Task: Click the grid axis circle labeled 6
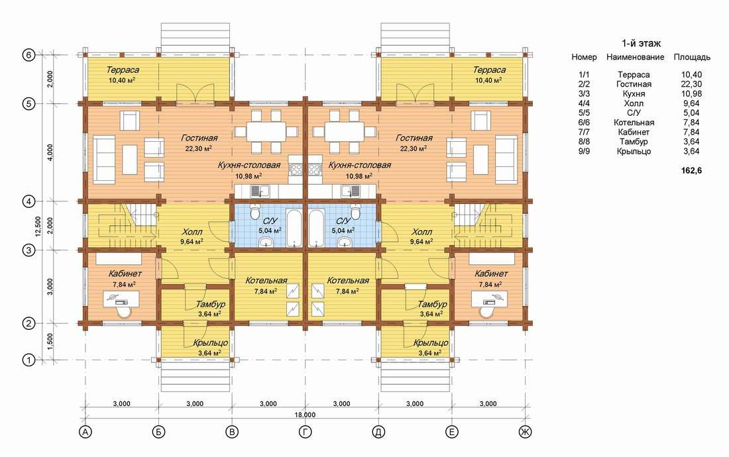(28, 55)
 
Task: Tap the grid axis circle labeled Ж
(525, 432)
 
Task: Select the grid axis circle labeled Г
(305, 432)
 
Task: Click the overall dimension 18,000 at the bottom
(305, 415)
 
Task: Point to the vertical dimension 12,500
(38, 226)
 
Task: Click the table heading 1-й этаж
(641, 43)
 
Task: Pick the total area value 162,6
(691, 170)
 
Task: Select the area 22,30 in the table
(691, 84)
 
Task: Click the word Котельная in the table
(634, 123)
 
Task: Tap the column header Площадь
(692, 57)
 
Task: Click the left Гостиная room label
(199, 138)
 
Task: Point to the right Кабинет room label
(491, 274)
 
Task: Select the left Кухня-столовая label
(249, 165)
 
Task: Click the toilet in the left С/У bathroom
(254, 211)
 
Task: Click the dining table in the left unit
(266, 132)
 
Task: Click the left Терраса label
(123, 70)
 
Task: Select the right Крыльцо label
(431, 343)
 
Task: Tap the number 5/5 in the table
(584, 113)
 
